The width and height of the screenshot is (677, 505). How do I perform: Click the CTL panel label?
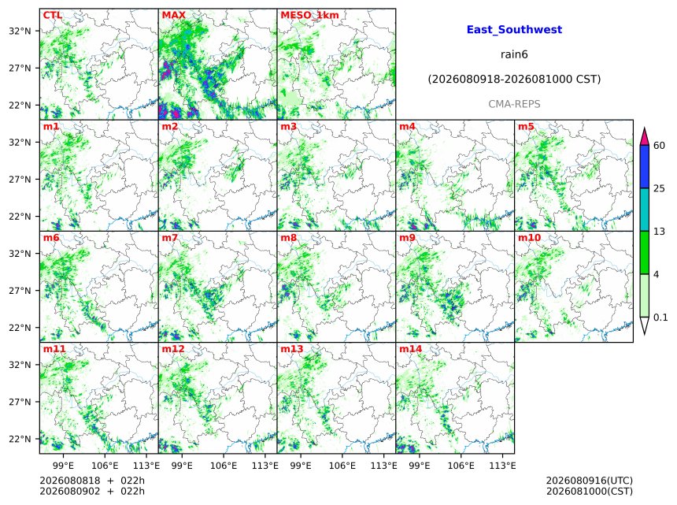52,15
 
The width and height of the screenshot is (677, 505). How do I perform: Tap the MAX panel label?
173,15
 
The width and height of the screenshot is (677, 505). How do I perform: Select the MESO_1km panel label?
309,15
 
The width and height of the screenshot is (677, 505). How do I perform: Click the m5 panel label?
526,127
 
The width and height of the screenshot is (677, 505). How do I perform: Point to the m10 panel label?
529,238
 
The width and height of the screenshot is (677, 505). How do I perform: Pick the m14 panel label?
410,349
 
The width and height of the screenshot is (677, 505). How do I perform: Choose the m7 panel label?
170,238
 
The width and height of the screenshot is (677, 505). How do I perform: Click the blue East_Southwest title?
514,30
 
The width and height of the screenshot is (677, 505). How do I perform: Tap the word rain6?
514,54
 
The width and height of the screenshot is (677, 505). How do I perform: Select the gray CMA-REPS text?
514,104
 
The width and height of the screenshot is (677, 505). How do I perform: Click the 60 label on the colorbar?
659,146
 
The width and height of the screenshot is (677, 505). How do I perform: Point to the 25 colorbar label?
659,188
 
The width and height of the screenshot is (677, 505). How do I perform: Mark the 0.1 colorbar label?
660,317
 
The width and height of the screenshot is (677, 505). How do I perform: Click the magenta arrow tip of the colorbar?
644,128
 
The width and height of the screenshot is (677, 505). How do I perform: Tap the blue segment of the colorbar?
644,167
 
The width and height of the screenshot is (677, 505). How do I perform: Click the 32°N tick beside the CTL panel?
20,31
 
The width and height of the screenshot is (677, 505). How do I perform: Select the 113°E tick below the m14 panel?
502,466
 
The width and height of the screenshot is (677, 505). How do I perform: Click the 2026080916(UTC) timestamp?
590,481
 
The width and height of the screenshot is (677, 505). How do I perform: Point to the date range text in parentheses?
514,80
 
